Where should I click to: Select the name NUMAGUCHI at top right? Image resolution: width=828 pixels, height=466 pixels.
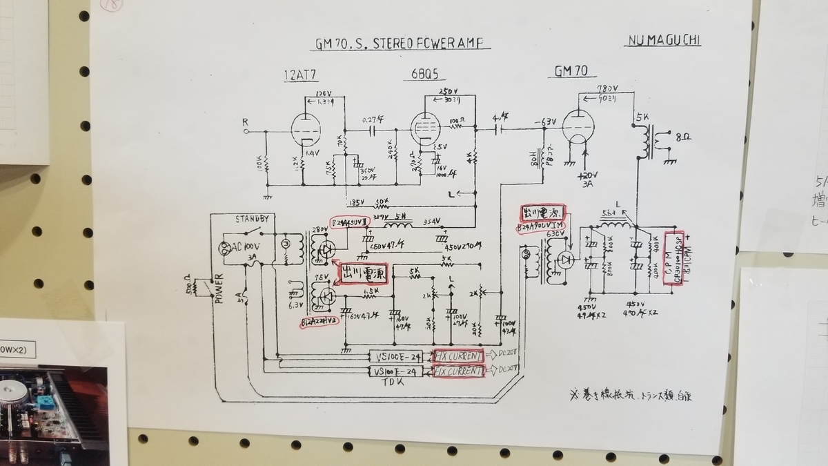point(663,40)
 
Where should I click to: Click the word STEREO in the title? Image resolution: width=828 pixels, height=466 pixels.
point(392,43)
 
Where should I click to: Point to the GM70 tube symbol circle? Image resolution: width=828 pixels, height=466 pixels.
point(575,127)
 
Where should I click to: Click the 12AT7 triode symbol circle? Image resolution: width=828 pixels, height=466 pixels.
point(304,128)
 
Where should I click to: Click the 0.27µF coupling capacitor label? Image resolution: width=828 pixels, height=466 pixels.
point(374,119)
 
